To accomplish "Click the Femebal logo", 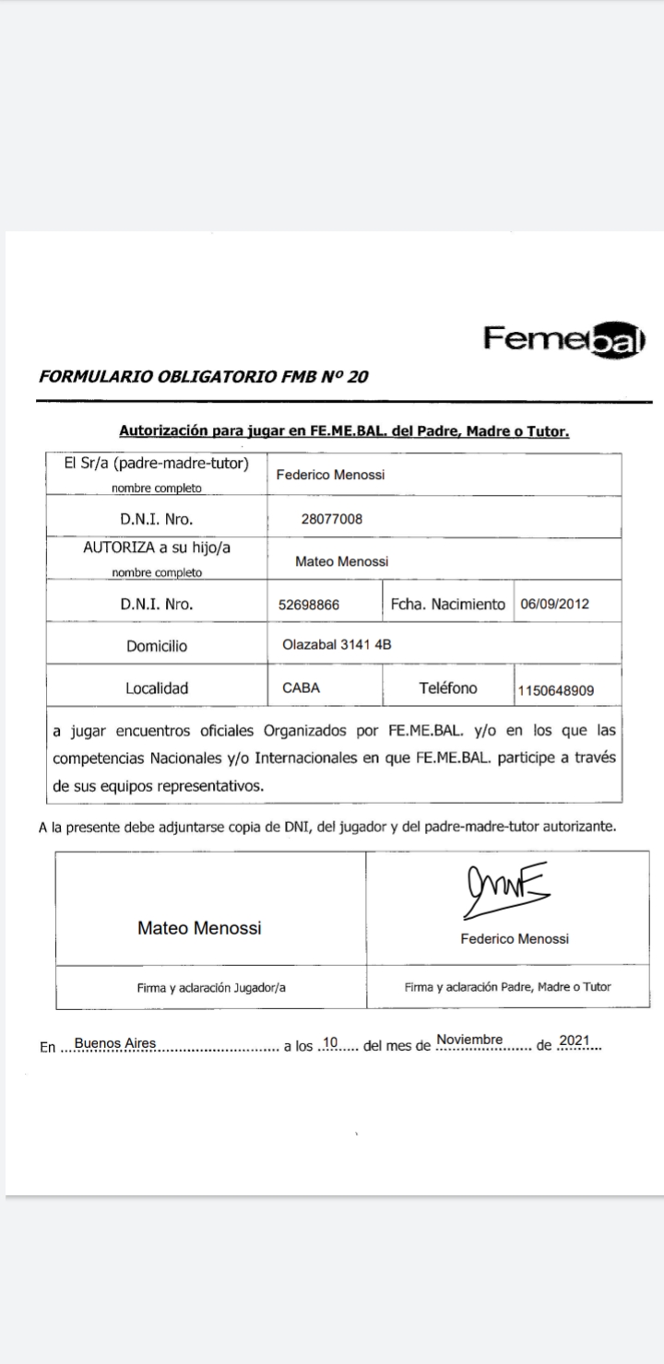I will click(x=564, y=339).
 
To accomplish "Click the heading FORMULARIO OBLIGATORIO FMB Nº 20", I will click(x=204, y=376).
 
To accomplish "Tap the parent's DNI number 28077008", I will click(x=332, y=519).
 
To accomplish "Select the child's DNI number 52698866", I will click(x=309, y=606).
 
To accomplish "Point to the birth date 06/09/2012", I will click(x=555, y=605).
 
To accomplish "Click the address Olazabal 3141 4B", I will click(x=337, y=644).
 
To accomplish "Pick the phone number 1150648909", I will click(x=556, y=689).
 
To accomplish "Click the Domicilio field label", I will click(x=157, y=646).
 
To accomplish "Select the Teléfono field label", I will click(x=448, y=688).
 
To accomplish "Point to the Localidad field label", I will click(x=157, y=688).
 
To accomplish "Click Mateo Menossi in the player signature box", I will click(x=199, y=928).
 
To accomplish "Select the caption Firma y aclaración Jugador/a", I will click(x=211, y=987).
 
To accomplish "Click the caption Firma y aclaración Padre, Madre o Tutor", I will click(x=507, y=987).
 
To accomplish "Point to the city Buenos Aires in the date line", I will click(x=115, y=1043).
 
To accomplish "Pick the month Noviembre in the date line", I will click(x=469, y=1041).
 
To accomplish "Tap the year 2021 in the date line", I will click(x=574, y=1041).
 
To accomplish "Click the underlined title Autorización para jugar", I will click(x=344, y=431).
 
